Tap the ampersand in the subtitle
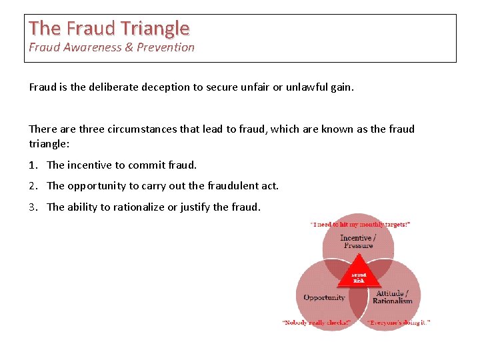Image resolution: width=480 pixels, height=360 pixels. click(130, 47)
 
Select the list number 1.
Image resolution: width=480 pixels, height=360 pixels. click(33, 165)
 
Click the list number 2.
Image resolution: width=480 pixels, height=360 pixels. click(33, 186)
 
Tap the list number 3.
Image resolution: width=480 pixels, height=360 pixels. click(33, 207)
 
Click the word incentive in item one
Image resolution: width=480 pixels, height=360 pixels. click(89, 165)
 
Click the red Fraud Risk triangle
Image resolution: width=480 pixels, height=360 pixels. click(359, 277)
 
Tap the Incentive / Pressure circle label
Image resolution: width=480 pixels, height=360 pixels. click(358, 241)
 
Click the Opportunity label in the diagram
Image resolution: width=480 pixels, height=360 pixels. click(324, 297)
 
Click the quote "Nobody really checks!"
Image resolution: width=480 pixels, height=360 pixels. click(317, 323)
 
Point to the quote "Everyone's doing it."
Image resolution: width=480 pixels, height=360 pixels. click(399, 323)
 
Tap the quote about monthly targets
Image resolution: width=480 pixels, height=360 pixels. click(360, 225)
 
